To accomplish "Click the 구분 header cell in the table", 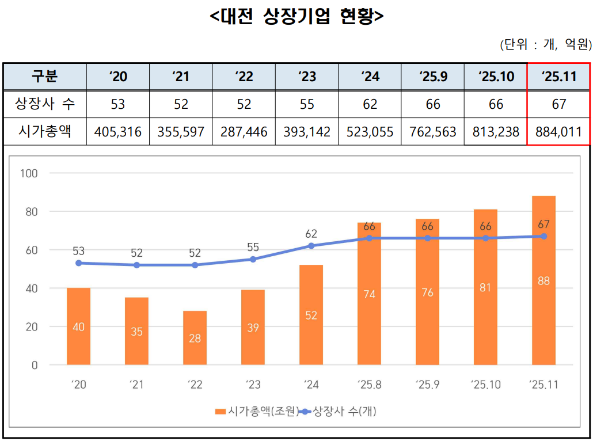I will [x=45, y=77].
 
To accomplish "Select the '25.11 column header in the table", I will [x=558, y=77].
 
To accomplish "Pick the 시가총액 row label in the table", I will [x=45, y=132].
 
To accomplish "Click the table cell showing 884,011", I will [x=558, y=132].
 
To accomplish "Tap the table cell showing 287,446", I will [x=244, y=132].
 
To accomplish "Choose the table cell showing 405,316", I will [x=118, y=132].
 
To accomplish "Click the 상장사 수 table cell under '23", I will [x=307, y=104].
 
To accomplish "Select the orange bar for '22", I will [x=195, y=338].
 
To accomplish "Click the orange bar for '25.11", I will [x=543, y=280].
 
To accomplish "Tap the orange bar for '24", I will [x=311, y=315].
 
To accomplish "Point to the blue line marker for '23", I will [x=253, y=259].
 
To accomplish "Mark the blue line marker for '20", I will [x=78, y=263].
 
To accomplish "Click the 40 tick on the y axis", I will [x=31, y=288].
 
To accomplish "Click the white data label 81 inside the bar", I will [x=485, y=287].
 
